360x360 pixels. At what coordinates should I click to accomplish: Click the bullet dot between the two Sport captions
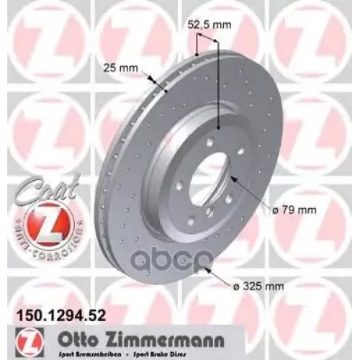pos(119,348)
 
